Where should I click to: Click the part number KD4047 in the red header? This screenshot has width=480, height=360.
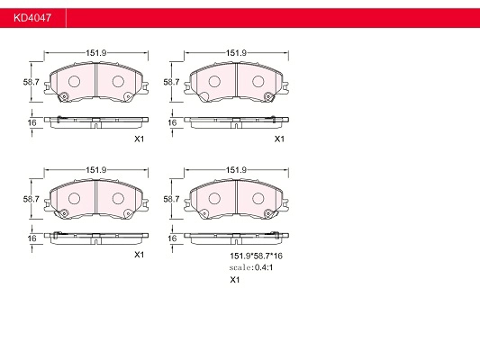point(32,18)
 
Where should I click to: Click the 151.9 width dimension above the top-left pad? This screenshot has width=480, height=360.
point(95,53)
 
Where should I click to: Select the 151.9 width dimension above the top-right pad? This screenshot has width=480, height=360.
point(236,53)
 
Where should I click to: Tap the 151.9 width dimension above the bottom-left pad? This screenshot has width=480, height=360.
point(95,170)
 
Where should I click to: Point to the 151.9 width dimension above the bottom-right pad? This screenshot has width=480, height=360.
point(236,170)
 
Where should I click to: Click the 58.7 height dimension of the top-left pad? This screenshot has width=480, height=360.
point(32,82)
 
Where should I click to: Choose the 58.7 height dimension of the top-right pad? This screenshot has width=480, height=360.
point(171,82)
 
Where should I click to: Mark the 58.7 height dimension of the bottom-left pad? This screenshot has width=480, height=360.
point(32,199)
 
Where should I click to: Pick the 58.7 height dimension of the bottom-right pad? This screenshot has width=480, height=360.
point(171,199)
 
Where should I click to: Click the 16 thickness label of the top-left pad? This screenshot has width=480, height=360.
point(32,122)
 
